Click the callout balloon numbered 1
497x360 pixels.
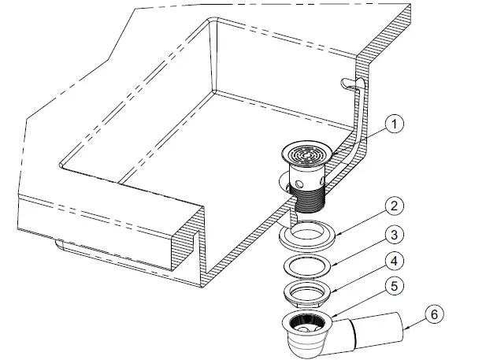coord(395,124)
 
